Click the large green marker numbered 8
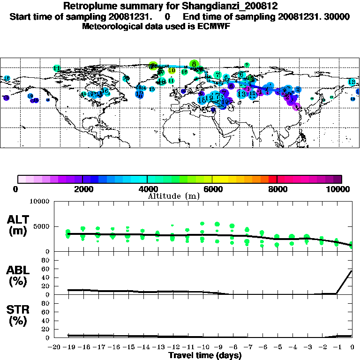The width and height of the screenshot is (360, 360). click(194, 64)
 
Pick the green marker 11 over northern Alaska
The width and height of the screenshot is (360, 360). click(57, 68)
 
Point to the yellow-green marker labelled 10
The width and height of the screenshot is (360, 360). click(172, 70)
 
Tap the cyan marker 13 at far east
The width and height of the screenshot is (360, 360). click(352, 82)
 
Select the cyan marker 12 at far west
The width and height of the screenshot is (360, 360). click(7, 78)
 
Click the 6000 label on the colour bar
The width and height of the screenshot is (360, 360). click(212, 189)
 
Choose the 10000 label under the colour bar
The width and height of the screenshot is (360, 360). click(339, 189)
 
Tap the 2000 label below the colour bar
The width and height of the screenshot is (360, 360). click(82, 189)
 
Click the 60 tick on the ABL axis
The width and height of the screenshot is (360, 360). click(46, 269)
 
